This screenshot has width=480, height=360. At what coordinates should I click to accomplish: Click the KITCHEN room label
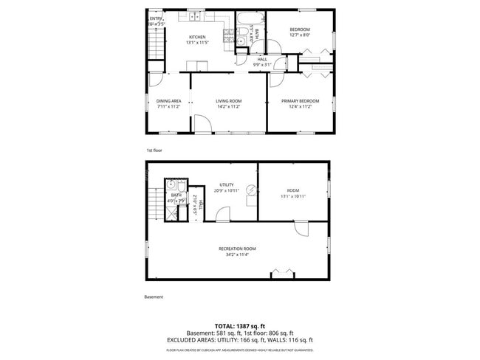click(196, 37)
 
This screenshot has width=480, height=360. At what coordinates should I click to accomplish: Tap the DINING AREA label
click(168, 101)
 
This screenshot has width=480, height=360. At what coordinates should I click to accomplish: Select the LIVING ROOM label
click(229, 101)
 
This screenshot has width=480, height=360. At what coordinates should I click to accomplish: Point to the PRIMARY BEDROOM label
click(300, 101)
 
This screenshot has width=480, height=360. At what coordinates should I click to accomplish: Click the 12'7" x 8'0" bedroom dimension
click(300, 34)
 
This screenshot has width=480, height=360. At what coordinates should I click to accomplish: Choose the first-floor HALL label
click(262, 59)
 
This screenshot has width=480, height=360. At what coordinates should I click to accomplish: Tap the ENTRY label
click(156, 18)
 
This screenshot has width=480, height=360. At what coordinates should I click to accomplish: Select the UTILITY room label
click(227, 185)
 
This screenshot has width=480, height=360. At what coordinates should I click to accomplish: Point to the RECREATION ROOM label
click(236, 249)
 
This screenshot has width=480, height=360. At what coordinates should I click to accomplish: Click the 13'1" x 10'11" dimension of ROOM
click(293, 196)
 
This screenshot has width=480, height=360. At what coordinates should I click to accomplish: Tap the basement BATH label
click(176, 195)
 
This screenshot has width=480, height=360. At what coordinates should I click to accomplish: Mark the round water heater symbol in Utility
click(251, 191)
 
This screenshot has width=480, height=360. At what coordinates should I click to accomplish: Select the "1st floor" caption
click(154, 150)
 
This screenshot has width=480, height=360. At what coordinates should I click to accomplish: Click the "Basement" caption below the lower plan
click(154, 297)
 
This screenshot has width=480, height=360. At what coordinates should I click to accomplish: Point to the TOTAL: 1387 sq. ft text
click(240, 325)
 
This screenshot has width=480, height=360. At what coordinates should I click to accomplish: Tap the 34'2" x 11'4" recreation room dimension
click(236, 255)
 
